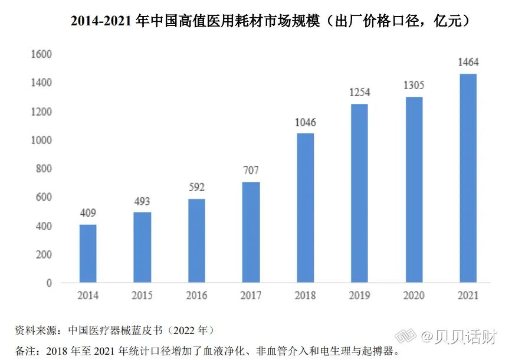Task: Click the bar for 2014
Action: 88,254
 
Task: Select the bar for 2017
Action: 251,233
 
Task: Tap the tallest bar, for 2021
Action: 468,178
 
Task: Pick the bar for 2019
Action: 359,194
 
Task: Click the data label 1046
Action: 305,123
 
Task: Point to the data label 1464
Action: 468,63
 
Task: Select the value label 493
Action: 142,202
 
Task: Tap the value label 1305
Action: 413,86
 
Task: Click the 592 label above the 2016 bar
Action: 196,188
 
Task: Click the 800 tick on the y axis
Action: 44,169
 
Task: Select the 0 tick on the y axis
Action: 49,283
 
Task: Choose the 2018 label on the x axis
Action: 305,296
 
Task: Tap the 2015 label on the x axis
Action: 142,296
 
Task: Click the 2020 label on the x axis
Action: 413,296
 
